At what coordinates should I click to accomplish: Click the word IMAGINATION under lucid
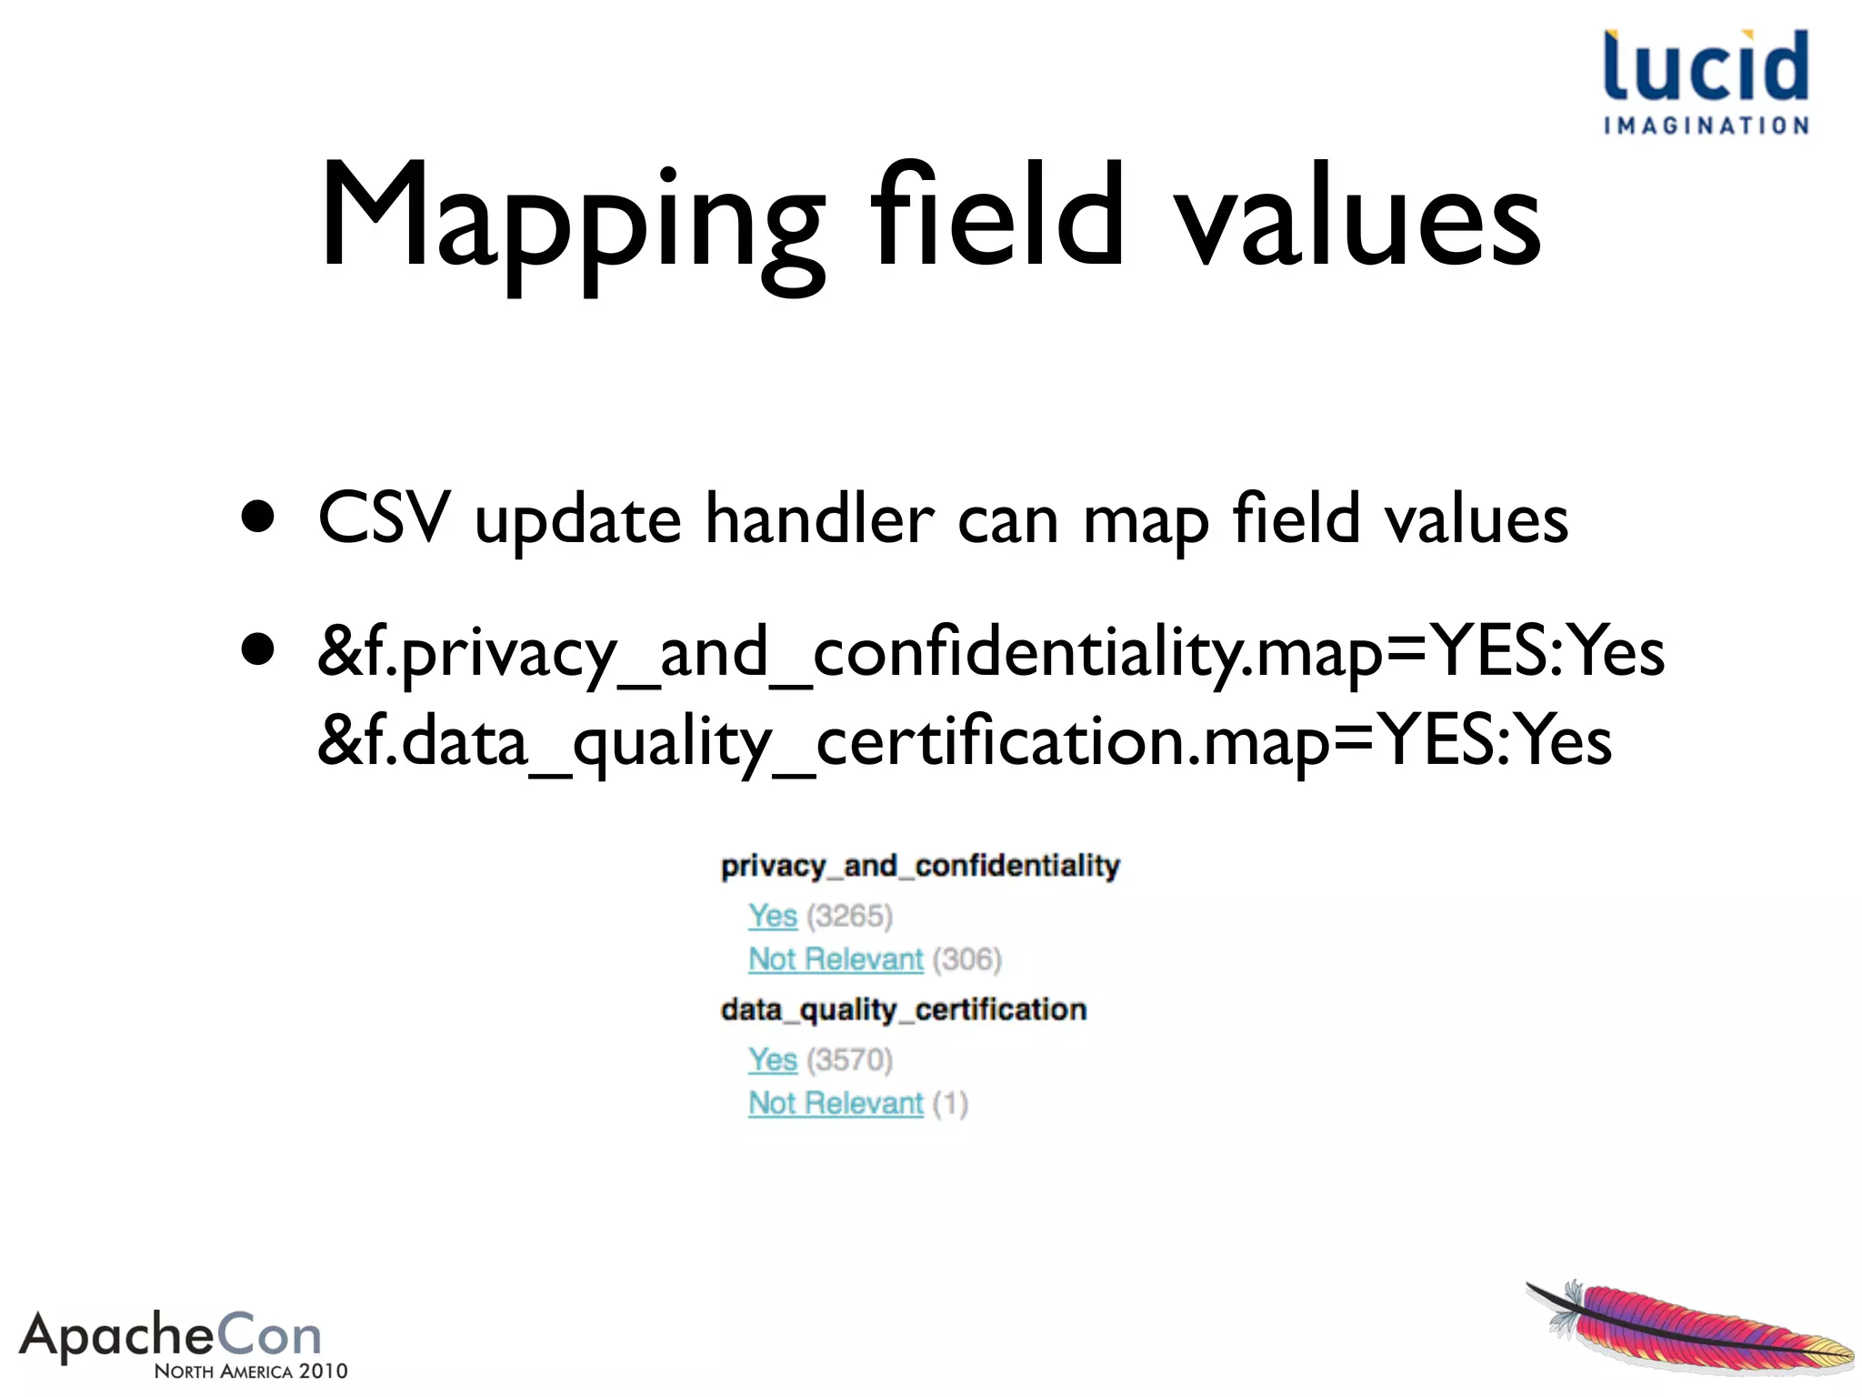click(1706, 126)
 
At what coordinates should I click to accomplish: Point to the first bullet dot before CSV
click(258, 518)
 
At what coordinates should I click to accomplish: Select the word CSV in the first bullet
click(384, 518)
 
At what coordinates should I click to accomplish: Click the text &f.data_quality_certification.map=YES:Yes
click(964, 740)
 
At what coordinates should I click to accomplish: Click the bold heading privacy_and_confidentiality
click(920, 865)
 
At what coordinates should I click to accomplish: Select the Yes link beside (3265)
click(773, 916)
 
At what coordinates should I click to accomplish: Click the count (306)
click(966, 960)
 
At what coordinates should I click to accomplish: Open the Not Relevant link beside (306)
click(836, 960)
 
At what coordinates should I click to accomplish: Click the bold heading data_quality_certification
click(904, 1010)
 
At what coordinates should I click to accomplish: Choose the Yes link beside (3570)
click(773, 1060)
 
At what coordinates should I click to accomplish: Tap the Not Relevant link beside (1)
click(836, 1103)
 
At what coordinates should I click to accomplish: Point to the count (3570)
click(849, 1060)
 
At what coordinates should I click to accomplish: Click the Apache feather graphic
click(1691, 1327)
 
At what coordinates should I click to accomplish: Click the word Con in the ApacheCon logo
click(269, 1336)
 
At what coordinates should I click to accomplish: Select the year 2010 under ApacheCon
click(323, 1372)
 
